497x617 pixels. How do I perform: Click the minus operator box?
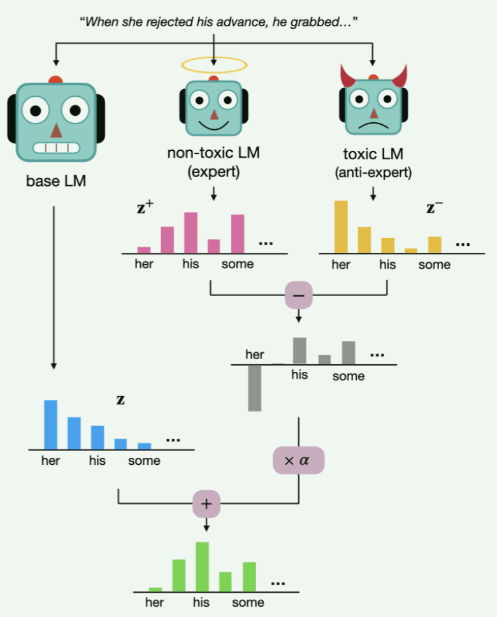(298, 295)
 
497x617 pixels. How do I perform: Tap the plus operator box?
(206, 504)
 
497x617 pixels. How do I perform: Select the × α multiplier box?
(298, 460)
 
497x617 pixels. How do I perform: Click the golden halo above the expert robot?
(214, 64)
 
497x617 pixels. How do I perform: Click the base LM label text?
(56, 181)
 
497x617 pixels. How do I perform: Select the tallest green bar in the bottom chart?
(203, 566)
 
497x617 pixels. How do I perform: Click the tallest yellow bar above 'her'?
(341, 227)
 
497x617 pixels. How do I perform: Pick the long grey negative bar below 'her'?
(255, 388)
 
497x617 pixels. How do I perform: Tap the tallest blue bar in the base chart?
(50, 425)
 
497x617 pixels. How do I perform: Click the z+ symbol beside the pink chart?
(146, 208)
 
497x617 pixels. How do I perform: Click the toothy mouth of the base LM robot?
(56, 148)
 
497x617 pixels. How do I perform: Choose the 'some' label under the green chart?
(247, 602)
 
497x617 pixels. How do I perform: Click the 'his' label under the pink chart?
(191, 264)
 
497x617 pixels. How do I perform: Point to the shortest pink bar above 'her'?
(144, 250)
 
